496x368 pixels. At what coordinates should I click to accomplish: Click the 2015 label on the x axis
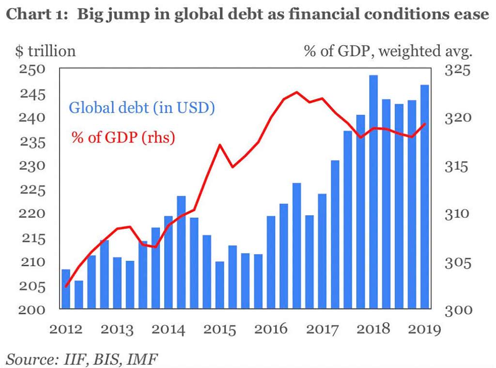pos(220,330)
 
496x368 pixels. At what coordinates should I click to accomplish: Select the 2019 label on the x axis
pos(424,330)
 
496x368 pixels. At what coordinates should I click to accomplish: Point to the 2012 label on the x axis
pos(66,330)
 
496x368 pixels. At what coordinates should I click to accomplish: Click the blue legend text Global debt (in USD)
pos(141,107)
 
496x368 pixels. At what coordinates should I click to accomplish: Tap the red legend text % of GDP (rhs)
pos(123,137)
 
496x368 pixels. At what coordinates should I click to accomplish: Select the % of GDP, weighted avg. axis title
pos(387,50)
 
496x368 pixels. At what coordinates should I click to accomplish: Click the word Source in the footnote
pos(30,359)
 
